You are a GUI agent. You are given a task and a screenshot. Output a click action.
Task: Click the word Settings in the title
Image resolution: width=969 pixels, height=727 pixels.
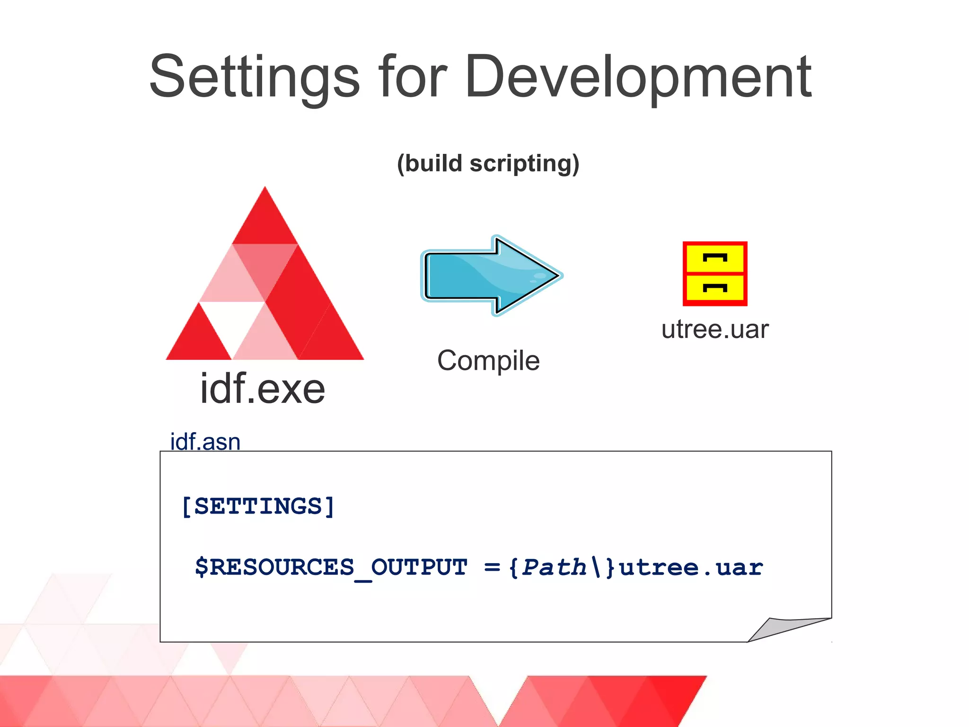point(255,78)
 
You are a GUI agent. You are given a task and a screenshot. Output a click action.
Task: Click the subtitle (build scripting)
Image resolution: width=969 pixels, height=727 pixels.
point(488,164)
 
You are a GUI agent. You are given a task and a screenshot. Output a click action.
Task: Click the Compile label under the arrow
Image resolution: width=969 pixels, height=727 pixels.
point(488,361)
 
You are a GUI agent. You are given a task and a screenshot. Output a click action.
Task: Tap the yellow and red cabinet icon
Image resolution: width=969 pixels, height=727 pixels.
point(714,274)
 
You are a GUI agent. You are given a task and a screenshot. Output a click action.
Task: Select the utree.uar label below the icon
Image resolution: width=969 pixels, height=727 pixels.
point(714,329)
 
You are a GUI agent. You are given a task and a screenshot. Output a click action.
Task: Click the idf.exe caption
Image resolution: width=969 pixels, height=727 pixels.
point(263,389)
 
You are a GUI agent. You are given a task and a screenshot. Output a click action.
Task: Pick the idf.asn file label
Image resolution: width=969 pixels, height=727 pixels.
point(205,442)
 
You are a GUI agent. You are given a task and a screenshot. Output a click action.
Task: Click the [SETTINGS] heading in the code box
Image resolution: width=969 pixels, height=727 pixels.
point(258,506)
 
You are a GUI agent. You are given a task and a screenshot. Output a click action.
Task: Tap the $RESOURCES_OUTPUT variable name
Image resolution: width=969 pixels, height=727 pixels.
point(331,567)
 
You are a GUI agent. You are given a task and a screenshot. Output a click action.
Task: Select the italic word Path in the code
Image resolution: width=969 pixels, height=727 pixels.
point(554,567)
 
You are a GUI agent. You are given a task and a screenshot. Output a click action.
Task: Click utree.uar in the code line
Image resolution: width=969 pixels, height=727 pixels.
point(691,567)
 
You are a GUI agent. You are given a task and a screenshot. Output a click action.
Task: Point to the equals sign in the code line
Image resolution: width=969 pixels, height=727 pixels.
point(492,567)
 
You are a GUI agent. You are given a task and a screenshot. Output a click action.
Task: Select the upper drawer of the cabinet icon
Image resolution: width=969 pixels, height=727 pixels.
point(714,258)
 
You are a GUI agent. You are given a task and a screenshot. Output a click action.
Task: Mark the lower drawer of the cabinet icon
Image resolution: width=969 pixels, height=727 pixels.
point(714,288)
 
